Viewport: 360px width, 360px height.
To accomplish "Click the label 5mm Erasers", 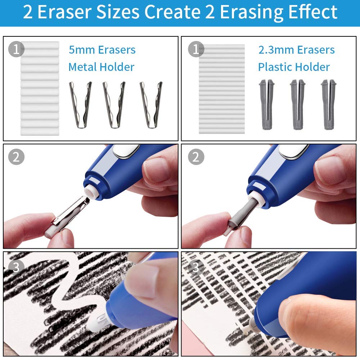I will click(102, 50).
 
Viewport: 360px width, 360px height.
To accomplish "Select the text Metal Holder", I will click(101, 67).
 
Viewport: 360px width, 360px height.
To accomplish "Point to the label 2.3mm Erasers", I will click(296, 50).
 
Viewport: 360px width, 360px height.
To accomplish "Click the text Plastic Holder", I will click(294, 67).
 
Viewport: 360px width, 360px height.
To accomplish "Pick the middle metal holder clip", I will click(114, 104).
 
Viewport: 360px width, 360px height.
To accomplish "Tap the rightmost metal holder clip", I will click(151, 104).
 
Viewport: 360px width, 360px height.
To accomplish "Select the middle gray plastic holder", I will click(297, 104).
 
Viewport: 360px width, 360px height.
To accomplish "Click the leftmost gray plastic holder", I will click(266, 104).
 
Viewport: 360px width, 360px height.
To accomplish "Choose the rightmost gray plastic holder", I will click(328, 104).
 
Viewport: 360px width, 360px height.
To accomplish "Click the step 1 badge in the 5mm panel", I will click(16, 49).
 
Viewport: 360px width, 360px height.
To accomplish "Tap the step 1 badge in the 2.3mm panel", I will click(196, 49).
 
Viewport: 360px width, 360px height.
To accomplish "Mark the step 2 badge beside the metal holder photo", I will click(16, 157).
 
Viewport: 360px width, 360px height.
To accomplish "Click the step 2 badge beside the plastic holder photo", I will click(196, 157).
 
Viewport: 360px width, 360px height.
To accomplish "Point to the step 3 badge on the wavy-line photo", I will click(16, 267).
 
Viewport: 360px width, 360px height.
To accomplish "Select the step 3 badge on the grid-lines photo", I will click(196, 267).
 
